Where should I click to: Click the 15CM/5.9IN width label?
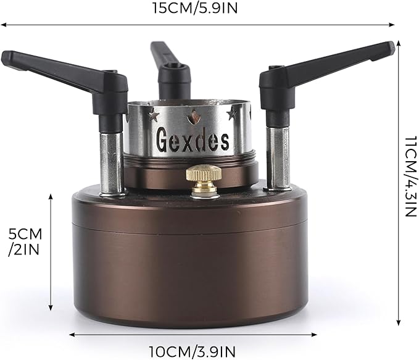(195, 8)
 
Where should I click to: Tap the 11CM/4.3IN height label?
(410, 176)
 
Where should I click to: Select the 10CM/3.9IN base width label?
(193, 351)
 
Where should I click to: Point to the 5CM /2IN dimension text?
(25, 242)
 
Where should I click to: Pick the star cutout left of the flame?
(154, 115)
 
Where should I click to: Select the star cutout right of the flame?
(232, 114)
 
